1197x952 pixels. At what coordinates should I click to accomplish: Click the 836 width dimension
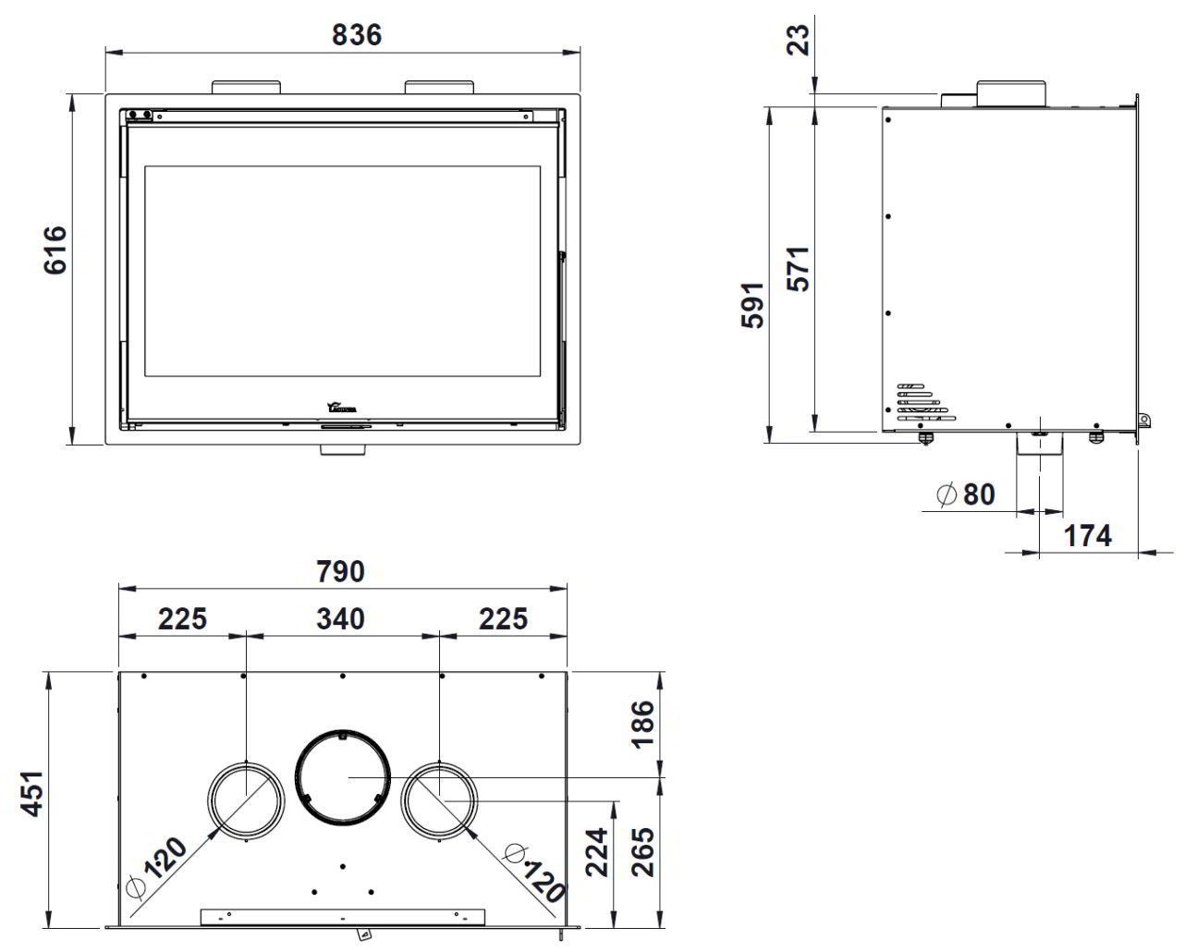[356, 35]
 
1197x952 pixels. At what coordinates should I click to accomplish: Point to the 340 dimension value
[340, 618]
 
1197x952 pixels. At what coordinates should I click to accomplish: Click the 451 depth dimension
[33, 792]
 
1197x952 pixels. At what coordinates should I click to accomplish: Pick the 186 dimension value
[641, 724]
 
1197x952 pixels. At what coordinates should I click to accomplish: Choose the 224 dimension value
[597, 851]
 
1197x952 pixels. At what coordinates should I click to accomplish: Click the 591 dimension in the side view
[754, 305]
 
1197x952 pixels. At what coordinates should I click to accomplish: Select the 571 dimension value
[798, 268]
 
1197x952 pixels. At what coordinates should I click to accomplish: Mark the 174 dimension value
[1086, 535]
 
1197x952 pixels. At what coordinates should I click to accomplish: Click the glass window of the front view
[342, 271]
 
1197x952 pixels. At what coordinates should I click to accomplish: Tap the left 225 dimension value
[182, 618]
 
